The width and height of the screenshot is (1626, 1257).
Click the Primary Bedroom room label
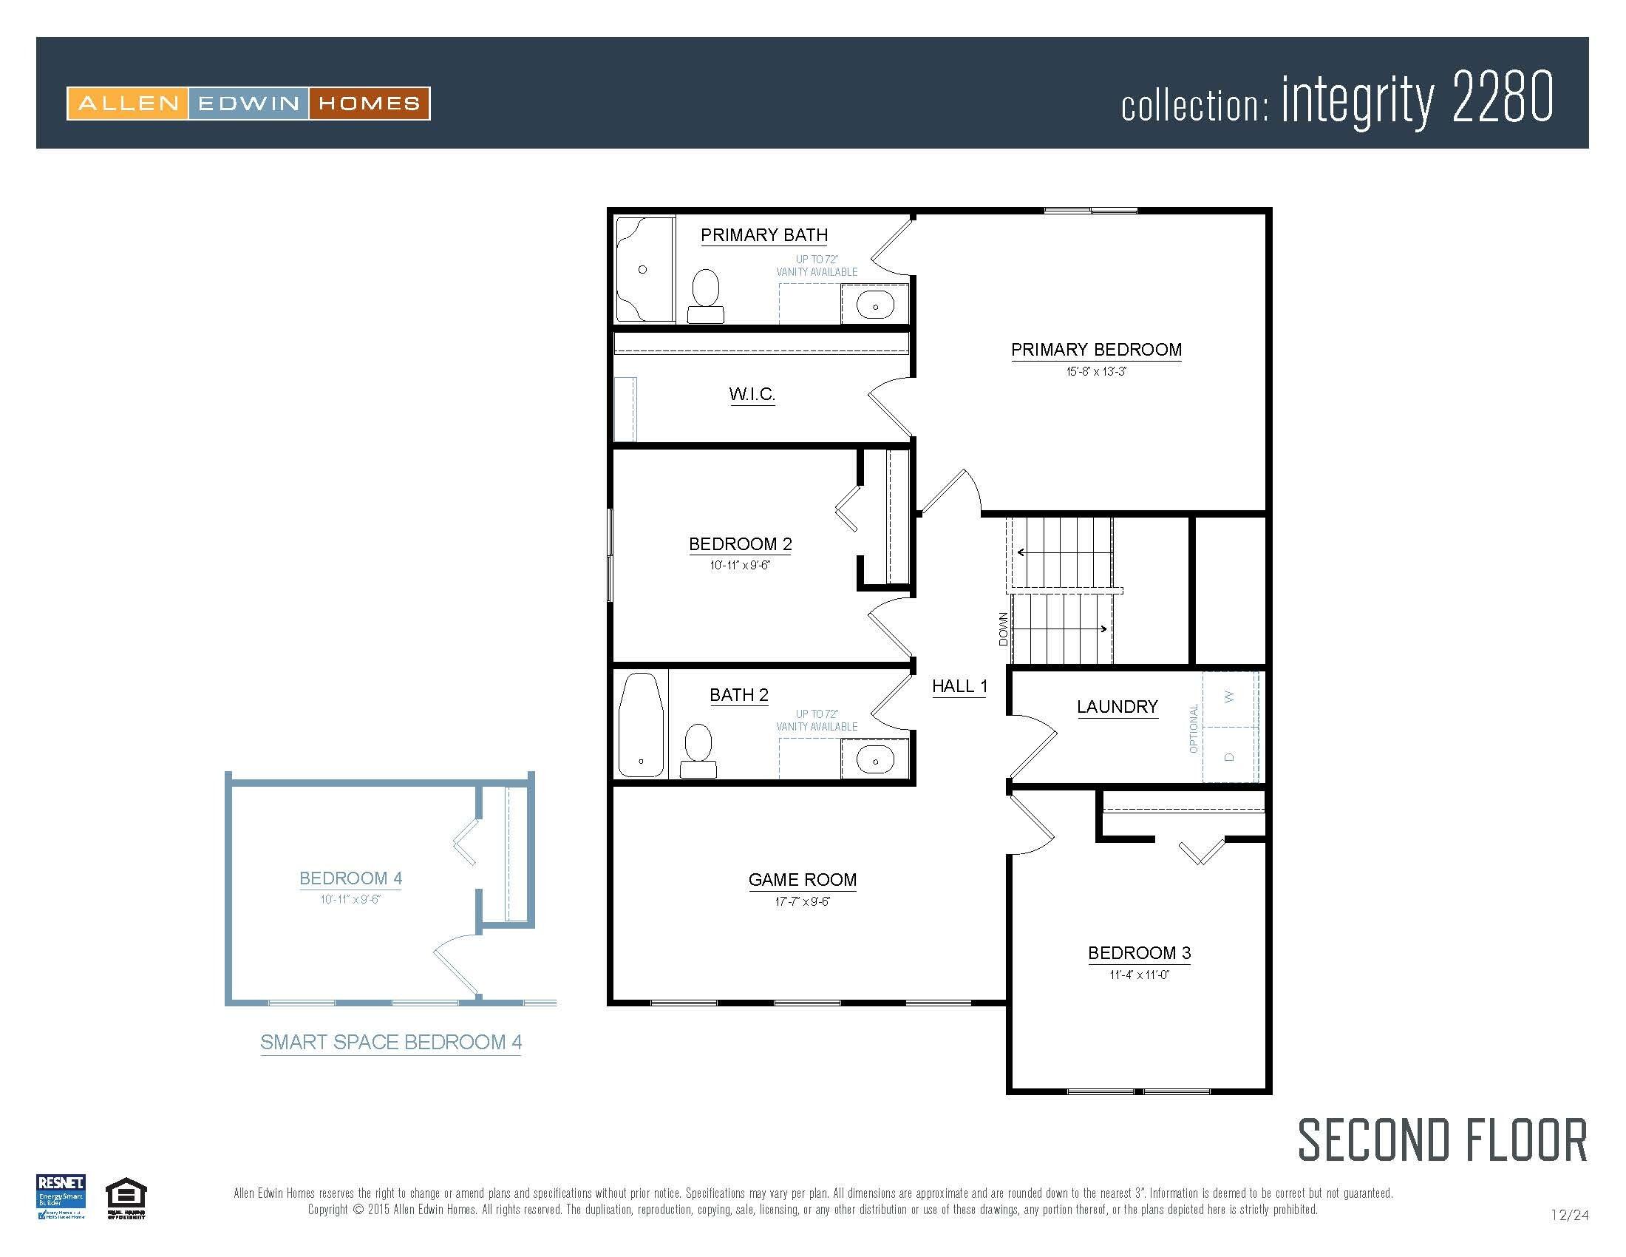coord(1096,350)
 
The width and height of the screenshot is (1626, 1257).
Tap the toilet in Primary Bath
coord(705,295)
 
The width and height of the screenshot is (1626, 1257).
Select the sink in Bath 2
coord(875,760)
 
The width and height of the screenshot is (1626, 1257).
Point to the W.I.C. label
coord(752,394)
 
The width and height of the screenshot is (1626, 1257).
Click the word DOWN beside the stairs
coord(1004,629)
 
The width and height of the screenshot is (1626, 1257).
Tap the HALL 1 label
coord(959,687)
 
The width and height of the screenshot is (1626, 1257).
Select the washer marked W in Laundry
coord(1229,697)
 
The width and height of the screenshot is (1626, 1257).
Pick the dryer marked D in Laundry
coord(1229,756)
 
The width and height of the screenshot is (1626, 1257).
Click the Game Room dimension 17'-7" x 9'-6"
coord(802,902)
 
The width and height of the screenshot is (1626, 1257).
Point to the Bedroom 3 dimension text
coord(1139,975)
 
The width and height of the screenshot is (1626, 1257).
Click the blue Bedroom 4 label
coord(350,878)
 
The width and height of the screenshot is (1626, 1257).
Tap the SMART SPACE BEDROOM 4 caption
coord(391,1043)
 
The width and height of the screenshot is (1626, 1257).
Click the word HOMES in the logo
coord(370,104)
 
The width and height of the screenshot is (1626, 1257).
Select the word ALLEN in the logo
coord(128,104)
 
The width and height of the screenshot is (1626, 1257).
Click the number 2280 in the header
coord(1503,97)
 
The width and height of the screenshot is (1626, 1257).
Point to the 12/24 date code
coord(1569,1216)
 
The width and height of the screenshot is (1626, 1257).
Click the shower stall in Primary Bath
coord(644,270)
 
